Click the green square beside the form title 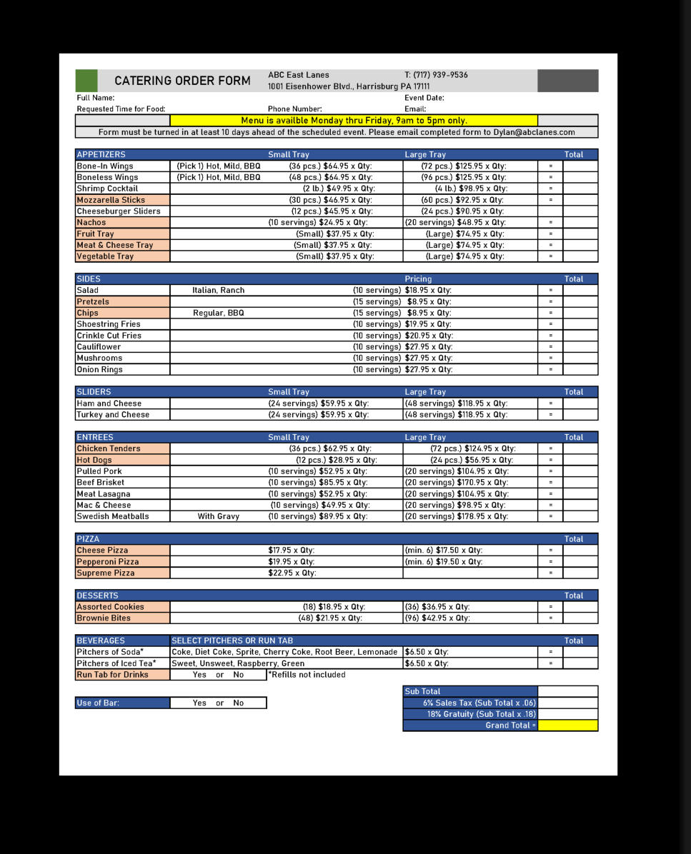(86, 80)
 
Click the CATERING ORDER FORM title (182, 81)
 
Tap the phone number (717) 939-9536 (436, 75)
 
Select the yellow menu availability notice (354, 121)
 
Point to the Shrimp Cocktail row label (107, 189)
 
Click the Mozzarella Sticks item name (111, 200)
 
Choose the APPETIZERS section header (101, 154)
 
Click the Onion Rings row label (99, 369)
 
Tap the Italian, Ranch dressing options (218, 291)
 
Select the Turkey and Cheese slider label (113, 414)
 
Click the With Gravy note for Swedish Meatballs (218, 516)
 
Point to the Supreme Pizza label (106, 573)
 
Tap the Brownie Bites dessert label (104, 618)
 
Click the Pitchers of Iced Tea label (116, 663)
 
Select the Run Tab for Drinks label (112, 675)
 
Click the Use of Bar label (98, 703)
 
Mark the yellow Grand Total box (567, 725)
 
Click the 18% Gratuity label (481, 714)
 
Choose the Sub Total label (422, 691)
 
